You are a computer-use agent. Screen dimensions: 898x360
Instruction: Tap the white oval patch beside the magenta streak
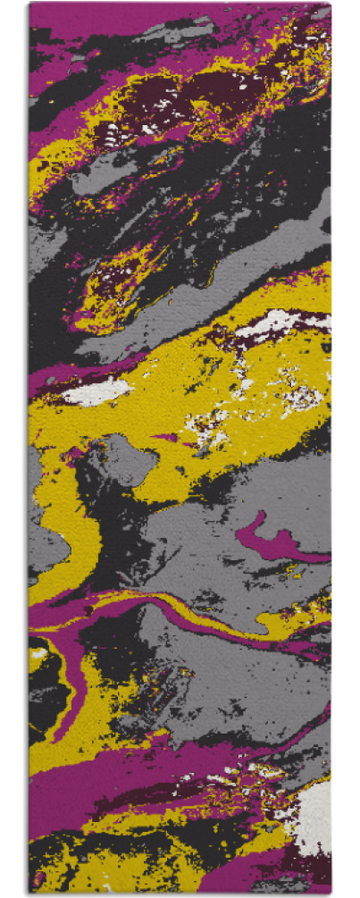tap(96, 391)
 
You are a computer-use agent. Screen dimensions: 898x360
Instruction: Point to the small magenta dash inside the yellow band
tap(166, 437)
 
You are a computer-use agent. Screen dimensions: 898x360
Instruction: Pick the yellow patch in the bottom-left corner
tap(54, 862)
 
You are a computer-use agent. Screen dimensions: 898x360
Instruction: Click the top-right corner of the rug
tap(329, 4)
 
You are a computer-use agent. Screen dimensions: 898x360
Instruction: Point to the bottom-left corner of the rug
tap(29, 893)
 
